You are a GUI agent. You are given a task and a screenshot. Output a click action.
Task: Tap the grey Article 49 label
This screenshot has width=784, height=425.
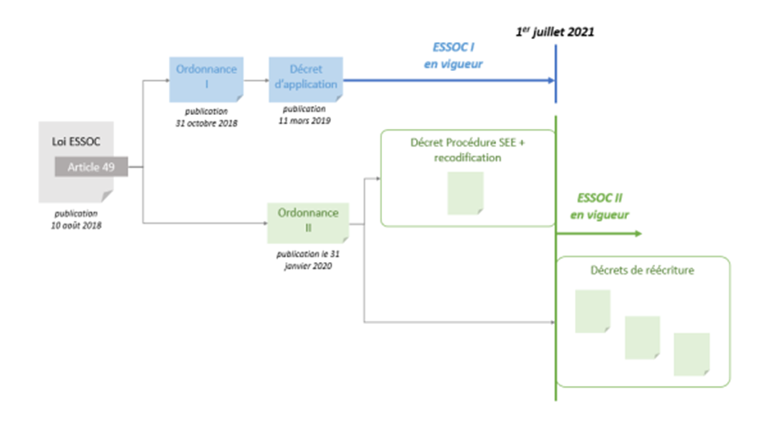pyautogui.click(x=90, y=167)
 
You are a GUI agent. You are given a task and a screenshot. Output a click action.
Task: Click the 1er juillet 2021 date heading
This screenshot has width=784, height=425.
pyautogui.click(x=554, y=32)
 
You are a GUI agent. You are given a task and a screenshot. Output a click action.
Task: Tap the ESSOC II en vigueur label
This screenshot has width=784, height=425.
pyautogui.click(x=600, y=207)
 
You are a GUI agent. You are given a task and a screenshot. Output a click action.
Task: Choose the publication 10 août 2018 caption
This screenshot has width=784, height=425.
pyautogui.click(x=76, y=220)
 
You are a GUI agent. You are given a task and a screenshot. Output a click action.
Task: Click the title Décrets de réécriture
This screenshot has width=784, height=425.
pyautogui.click(x=643, y=270)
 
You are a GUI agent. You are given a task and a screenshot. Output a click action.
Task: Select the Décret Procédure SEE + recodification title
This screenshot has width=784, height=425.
pyautogui.click(x=468, y=150)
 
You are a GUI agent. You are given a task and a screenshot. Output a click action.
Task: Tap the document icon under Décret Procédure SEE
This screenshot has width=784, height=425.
pyautogui.click(x=465, y=193)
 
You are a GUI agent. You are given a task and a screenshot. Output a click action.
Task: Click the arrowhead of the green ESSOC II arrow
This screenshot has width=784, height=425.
pyautogui.click(x=637, y=234)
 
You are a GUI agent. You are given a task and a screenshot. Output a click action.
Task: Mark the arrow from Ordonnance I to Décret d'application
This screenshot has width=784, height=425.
pyautogui.click(x=256, y=80)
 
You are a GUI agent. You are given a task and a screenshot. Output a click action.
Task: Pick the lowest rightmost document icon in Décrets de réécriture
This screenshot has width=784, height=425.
pyautogui.click(x=691, y=354)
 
